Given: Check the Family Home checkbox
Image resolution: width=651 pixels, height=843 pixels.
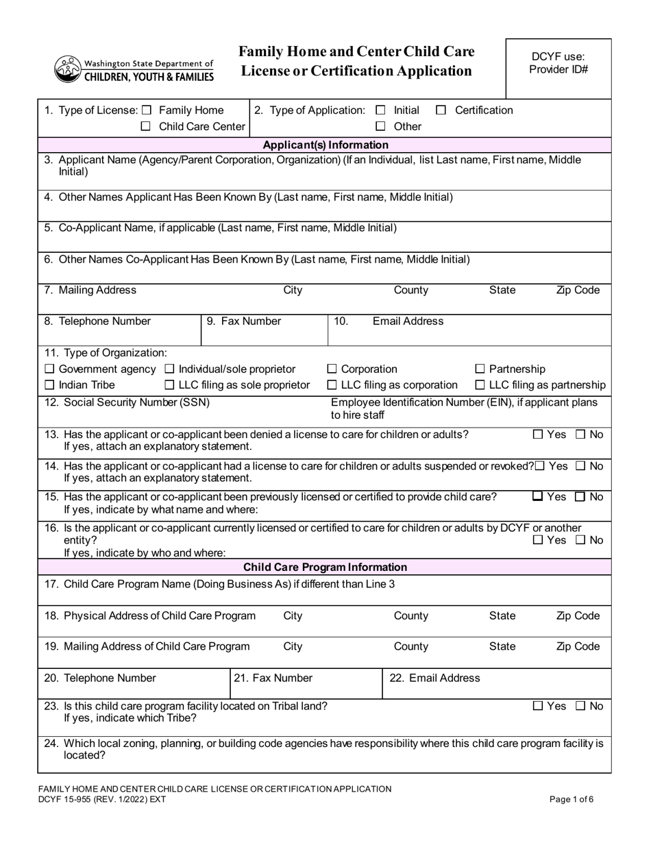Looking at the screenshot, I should (146, 110).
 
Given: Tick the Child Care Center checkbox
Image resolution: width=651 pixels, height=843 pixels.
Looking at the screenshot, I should (146, 127).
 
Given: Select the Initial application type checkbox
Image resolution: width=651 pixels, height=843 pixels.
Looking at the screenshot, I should (381, 110).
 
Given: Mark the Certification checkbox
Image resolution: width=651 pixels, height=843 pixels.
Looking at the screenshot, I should (441, 110).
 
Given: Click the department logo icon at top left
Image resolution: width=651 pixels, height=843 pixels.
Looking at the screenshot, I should (67, 69).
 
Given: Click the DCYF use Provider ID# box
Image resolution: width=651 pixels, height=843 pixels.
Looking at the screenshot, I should (558, 68).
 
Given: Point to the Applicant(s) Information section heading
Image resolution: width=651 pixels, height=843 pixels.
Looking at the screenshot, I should (325, 145).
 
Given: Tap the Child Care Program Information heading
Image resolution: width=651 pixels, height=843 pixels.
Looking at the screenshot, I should (325, 567).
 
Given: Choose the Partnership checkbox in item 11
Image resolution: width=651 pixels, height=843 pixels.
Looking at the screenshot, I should (480, 369).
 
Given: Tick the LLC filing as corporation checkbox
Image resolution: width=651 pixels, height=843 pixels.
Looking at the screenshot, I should (332, 385).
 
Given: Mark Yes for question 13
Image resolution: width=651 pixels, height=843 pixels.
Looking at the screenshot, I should (538, 434).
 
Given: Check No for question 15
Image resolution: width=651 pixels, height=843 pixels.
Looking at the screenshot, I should (580, 497).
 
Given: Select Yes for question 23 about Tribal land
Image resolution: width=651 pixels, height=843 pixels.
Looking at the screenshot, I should (538, 706).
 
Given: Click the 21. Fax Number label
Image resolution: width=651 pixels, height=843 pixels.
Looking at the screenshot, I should (273, 679).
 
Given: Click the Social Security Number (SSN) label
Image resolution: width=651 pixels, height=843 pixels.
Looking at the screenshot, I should (127, 402).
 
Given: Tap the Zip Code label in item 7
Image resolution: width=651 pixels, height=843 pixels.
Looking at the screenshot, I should (578, 291).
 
